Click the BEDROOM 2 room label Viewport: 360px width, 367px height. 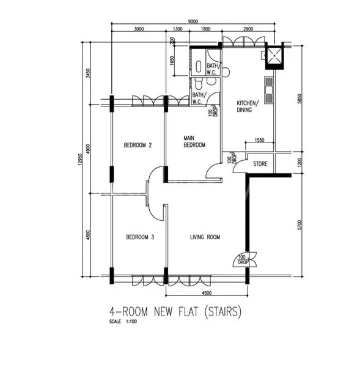click(x=138, y=145)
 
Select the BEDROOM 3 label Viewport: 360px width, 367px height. click(x=140, y=237)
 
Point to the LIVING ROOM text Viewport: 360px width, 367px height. click(x=205, y=237)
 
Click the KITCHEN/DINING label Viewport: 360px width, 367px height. click(x=248, y=106)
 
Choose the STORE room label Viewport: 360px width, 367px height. click(x=261, y=164)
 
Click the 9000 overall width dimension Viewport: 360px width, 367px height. click(x=193, y=21)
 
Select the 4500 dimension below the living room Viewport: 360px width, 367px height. click(x=207, y=292)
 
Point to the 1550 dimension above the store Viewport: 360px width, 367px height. click(x=259, y=141)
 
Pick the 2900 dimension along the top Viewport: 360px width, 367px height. click(x=248, y=29)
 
